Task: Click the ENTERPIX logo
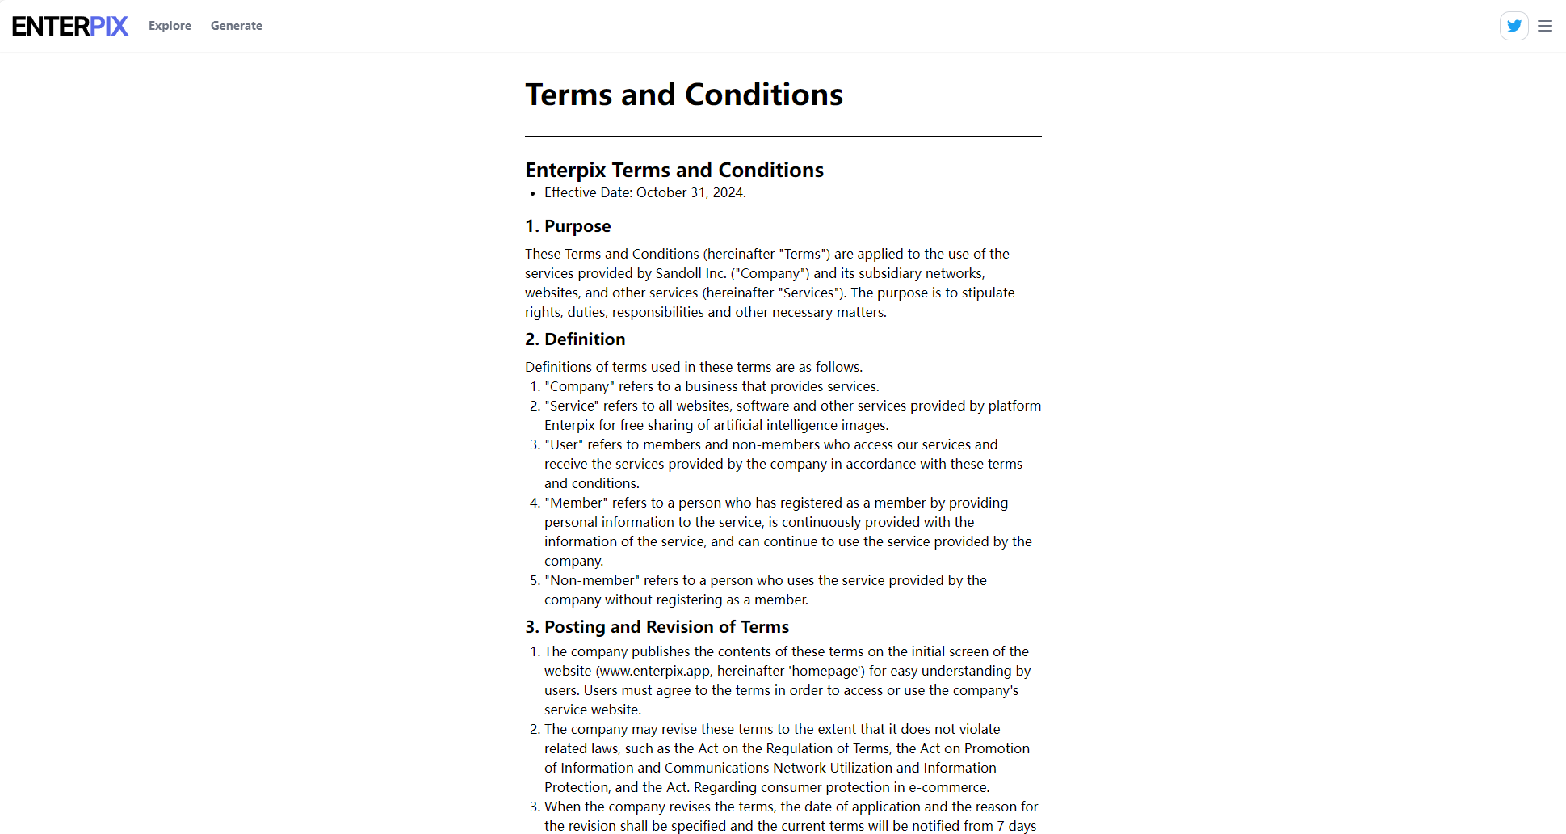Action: tap(70, 26)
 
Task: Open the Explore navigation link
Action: tap(170, 26)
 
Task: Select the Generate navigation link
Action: tap(237, 26)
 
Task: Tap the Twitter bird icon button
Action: tap(1514, 26)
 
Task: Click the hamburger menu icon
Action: tap(1545, 26)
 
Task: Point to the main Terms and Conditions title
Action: tap(684, 95)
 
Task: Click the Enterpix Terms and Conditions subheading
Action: tap(674, 170)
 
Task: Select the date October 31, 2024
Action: tap(690, 192)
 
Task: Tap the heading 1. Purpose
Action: tap(568, 226)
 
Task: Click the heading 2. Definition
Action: tap(575, 339)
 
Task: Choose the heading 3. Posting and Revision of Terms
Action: tap(657, 627)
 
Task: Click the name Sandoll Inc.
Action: tap(691, 273)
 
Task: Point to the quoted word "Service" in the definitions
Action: tap(572, 406)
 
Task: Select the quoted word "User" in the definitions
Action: tap(564, 444)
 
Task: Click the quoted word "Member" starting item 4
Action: tap(576, 503)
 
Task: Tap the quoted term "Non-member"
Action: tap(592, 580)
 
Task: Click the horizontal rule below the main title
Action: tap(783, 137)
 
